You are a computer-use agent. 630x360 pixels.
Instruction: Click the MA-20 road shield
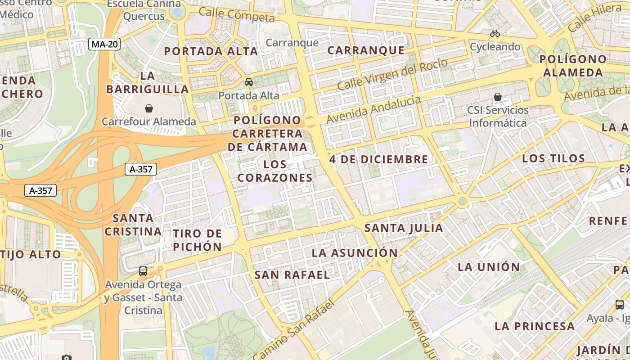click(104, 44)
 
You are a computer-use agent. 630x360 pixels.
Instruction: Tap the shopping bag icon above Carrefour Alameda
click(149, 108)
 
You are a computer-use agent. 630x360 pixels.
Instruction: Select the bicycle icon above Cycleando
click(495, 33)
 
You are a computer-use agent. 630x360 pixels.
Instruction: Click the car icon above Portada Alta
click(248, 82)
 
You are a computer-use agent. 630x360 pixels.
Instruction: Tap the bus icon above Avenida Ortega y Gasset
click(143, 271)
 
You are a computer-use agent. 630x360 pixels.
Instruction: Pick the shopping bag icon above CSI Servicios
click(498, 97)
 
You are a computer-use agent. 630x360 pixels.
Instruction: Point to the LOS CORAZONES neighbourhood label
click(275, 171)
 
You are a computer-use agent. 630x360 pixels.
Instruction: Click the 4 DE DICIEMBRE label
click(378, 159)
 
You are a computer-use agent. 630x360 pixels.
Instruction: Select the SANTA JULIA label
click(404, 228)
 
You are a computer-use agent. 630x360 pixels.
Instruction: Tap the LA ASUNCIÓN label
click(355, 253)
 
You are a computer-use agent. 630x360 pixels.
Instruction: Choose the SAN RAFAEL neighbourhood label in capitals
click(292, 275)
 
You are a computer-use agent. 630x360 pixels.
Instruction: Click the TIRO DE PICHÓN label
click(198, 240)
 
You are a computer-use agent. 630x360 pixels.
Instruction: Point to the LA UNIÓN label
click(489, 267)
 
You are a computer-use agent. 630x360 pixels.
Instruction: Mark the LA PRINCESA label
click(535, 326)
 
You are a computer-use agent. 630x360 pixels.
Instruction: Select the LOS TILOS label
click(553, 158)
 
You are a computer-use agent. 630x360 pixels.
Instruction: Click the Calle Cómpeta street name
click(236, 15)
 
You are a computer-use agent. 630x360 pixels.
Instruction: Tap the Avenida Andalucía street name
click(374, 110)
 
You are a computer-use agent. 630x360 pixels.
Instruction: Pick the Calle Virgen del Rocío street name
click(392, 74)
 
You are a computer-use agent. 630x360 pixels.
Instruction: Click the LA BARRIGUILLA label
click(148, 82)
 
